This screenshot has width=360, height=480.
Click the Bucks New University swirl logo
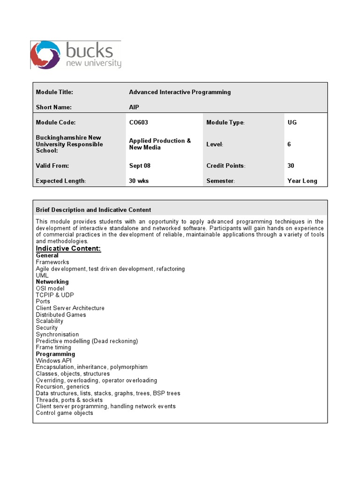coord(45,55)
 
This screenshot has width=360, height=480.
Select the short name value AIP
coord(134,107)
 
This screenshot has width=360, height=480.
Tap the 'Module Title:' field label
coord(54,92)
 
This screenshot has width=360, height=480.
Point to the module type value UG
coord(292,122)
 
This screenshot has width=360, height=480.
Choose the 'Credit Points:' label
coord(226,166)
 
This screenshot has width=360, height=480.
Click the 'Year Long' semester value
coord(302,181)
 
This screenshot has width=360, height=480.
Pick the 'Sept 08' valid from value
coord(140,166)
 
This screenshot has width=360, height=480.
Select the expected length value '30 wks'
coord(139,181)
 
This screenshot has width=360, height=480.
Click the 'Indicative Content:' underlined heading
coord(68,248)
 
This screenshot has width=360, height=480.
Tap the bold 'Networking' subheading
coord(52,282)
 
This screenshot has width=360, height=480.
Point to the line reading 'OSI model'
coord(50,288)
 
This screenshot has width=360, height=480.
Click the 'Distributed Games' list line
coord(61,315)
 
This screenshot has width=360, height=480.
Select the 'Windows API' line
coord(54,360)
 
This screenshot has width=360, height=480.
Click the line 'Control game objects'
coord(64,413)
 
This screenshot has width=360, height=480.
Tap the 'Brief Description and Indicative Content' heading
coord(93,210)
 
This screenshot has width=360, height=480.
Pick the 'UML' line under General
coord(42,275)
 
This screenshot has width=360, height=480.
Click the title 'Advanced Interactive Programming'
coord(180,92)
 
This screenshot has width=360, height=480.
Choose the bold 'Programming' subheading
coord(55,354)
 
